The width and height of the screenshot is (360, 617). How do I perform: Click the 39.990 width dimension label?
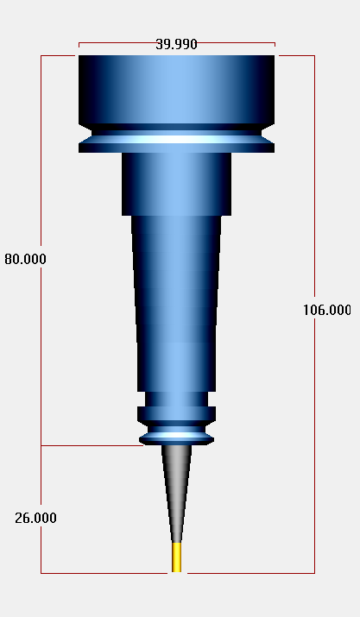point(176,44)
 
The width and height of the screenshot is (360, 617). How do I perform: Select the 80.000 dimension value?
point(25,259)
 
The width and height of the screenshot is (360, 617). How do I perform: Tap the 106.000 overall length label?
point(327,310)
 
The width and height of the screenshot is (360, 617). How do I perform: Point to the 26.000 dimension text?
point(35,518)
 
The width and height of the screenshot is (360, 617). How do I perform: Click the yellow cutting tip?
point(177,557)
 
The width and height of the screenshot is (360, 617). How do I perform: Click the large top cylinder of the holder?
point(176,90)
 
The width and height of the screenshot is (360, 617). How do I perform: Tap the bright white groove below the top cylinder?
point(176,139)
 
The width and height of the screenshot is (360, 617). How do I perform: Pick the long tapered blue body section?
point(176,304)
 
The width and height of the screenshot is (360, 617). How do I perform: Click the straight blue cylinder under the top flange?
point(176,184)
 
